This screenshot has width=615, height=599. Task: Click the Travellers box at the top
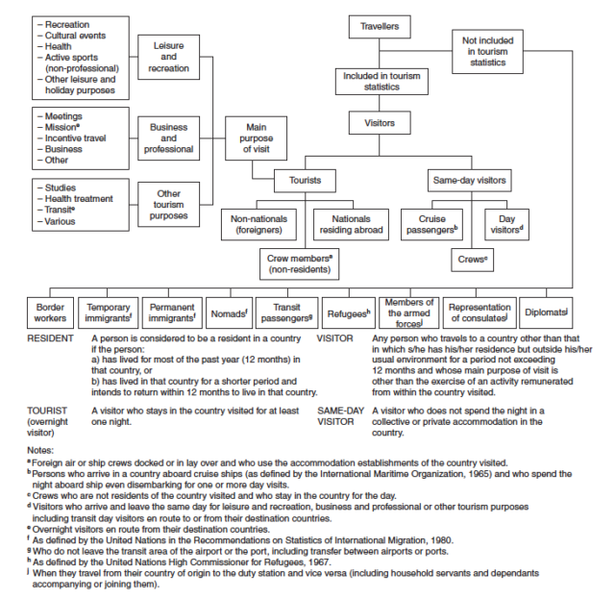380,27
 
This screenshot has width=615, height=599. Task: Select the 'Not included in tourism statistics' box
487,51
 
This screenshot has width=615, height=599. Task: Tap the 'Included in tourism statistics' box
381,82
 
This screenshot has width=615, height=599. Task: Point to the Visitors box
380,123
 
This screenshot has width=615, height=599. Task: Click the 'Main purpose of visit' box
257,138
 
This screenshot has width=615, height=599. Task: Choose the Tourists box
306,181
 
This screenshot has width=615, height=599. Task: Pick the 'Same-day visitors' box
470,181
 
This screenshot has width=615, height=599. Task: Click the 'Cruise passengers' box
431,225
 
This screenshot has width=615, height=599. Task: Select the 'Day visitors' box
506,225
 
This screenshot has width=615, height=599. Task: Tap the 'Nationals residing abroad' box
351,225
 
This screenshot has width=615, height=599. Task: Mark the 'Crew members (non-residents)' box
299,264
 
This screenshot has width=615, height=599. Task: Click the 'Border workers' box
50,312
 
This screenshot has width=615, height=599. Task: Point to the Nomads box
229,312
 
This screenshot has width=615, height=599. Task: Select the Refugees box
349,312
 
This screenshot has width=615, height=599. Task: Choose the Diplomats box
546,312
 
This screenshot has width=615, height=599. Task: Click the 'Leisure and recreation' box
169,58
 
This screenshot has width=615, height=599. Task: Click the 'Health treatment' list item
75,199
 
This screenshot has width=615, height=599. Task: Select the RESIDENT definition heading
50,338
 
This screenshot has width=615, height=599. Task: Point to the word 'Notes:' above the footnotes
40,450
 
